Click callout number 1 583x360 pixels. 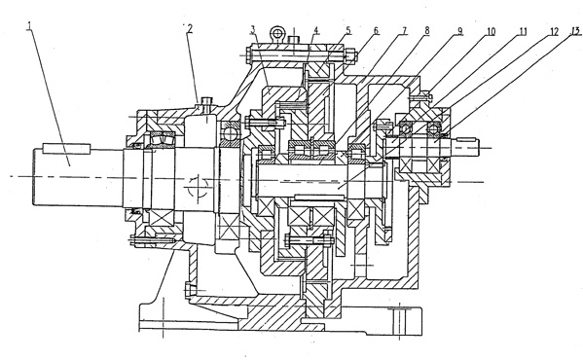click(29, 26)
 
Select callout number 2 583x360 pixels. click(190, 28)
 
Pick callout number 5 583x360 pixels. click(348, 30)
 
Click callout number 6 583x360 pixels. click(376, 30)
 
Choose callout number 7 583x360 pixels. click(404, 30)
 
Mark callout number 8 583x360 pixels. click(427, 30)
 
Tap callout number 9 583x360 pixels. click(459, 31)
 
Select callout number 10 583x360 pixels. click(491, 31)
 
